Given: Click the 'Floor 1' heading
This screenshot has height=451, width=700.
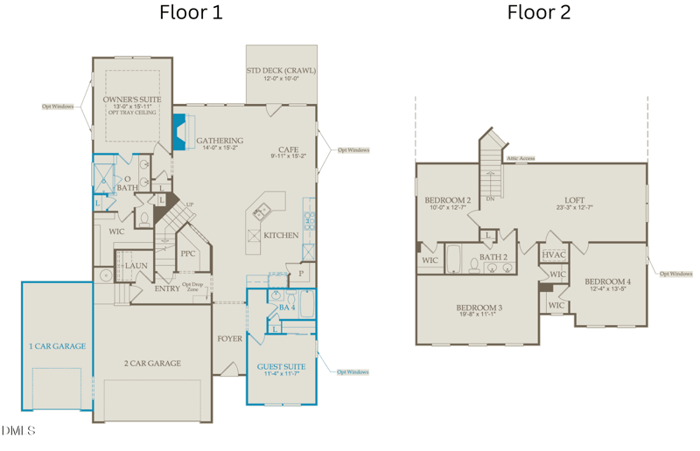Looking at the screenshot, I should pos(191,13).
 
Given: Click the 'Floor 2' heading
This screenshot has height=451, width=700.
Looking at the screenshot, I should pos(539,13).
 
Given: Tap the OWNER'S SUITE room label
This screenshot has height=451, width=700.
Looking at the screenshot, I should pos(132,101).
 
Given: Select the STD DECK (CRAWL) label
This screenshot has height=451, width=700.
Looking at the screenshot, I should pos(282,71).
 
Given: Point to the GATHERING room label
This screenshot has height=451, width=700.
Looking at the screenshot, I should pos(220,141).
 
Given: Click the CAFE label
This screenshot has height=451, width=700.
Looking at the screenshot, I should pos(289,149).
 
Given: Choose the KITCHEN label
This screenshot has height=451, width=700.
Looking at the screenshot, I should pos(281,235).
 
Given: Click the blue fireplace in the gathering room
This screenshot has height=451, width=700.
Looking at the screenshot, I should pos(179,132).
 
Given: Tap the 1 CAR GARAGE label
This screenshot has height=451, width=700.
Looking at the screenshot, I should pos(58,346).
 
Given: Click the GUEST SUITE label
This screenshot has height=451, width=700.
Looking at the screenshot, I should pos(281,367).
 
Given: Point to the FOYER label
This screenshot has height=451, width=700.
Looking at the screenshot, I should pos(229,338).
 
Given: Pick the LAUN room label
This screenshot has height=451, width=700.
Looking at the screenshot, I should pos(136,266).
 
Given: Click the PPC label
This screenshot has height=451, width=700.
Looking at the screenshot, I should pos(187,254).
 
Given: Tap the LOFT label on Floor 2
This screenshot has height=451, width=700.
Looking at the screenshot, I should pos(574,200).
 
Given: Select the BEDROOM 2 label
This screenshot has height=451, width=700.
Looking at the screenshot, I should pos(448,200).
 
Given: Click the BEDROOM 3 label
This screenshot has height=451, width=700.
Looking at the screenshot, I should pos(479,308).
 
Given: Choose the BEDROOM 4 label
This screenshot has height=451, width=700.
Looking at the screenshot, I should pos(607,282).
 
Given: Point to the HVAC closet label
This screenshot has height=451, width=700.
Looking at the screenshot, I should pos(554,255).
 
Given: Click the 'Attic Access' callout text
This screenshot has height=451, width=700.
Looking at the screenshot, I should pos(520,159).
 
